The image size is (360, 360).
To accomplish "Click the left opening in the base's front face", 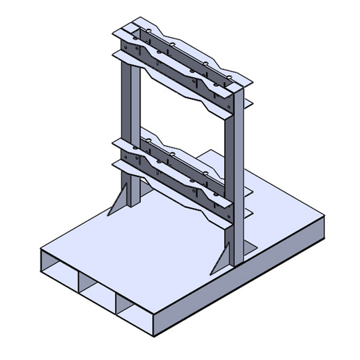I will (59, 268).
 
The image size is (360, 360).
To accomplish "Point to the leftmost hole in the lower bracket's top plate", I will (144, 141).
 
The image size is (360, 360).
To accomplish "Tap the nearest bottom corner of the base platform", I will (155, 337).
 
